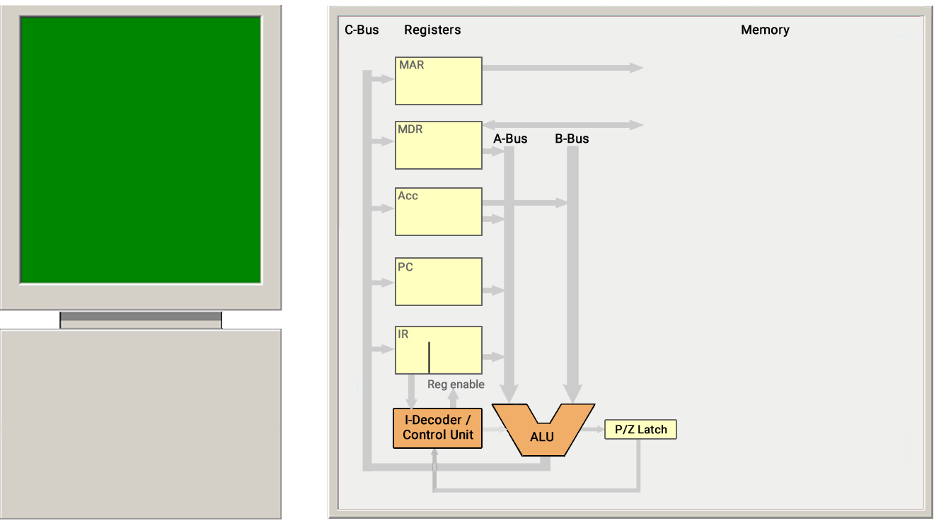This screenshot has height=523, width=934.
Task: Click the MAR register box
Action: [x=439, y=81]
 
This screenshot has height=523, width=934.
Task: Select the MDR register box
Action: [x=439, y=145]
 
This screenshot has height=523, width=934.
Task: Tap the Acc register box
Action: [x=439, y=211]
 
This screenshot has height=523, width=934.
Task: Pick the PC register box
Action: [x=439, y=281]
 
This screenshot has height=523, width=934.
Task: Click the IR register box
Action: [x=439, y=350]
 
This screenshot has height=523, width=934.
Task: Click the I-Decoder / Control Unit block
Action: [x=437, y=428]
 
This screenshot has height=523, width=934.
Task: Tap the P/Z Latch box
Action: [x=640, y=429]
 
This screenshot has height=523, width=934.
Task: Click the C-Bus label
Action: [x=362, y=30]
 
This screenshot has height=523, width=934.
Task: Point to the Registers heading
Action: [x=432, y=30]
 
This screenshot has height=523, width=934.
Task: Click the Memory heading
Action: [x=765, y=30]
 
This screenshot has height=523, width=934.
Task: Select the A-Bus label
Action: [x=510, y=139]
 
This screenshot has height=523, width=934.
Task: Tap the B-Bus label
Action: [x=572, y=139]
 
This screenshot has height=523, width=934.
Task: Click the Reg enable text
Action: [x=456, y=384]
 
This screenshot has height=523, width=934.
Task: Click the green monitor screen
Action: [x=141, y=150]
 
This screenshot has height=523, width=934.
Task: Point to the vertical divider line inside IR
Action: [x=429, y=358]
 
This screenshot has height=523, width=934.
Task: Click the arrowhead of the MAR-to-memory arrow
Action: [x=636, y=67]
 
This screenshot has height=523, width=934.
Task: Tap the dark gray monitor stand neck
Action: [x=141, y=317]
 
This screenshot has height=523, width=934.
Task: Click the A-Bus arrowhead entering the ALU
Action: [x=509, y=394]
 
